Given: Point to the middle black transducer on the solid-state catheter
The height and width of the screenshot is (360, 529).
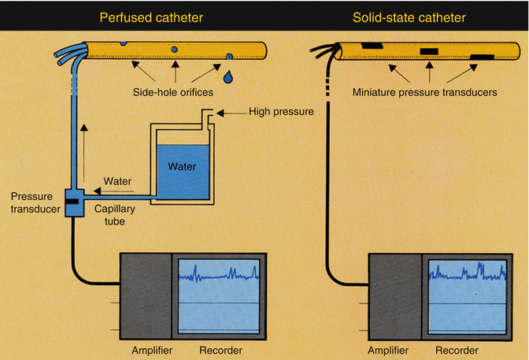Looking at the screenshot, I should pyautogui.click(x=429, y=52).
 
